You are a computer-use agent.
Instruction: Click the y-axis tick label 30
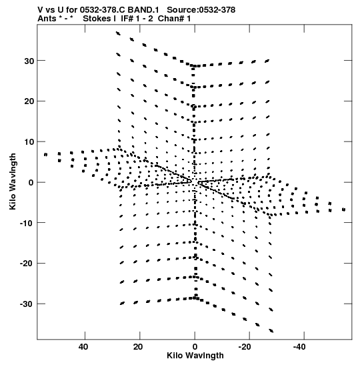point(29,61)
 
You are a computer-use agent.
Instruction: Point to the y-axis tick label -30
point(27,304)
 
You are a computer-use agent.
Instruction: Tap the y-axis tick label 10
point(29,142)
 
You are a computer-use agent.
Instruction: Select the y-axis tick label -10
point(27,224)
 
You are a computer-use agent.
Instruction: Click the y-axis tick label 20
point(29,101)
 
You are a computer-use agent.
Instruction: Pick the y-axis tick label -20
point(27,264)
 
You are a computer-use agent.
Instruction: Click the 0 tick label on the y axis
point(31,183)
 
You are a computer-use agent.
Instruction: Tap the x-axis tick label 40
point(83,347)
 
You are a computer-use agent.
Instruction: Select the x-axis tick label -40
point(299,347)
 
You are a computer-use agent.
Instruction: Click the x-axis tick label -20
point(245,347)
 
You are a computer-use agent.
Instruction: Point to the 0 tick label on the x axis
point(195,347)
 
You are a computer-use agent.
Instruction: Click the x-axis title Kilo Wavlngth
point(195,356)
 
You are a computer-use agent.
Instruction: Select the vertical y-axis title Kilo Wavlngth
point(13,181)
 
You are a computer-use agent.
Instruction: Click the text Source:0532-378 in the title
point(201,10)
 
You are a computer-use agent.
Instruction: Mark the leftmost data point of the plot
point(45,155)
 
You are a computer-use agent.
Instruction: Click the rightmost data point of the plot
point(344,210)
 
